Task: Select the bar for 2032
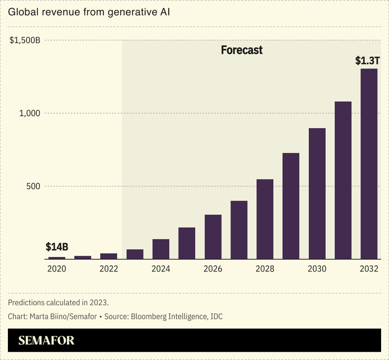(x=369, y=164)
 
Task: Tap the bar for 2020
(x=57, y=258)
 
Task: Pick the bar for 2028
(x=265, y=219)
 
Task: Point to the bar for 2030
(x=317, y=193)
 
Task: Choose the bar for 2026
(x=213, y=237)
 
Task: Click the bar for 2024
(x=161, y=249)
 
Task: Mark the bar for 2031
(x=343, y=180)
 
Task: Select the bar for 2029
(x=291, y=206)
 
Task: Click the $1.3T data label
(x=367, y=61)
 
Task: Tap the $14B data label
(x=57, y=246)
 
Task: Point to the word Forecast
(x=242, y=51)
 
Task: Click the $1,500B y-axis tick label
(x=25, y=40)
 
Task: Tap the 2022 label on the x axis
(x=108, y=269)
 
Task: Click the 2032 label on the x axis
(x=369, y=269)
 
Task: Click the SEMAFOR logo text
(x=46, y=341)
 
